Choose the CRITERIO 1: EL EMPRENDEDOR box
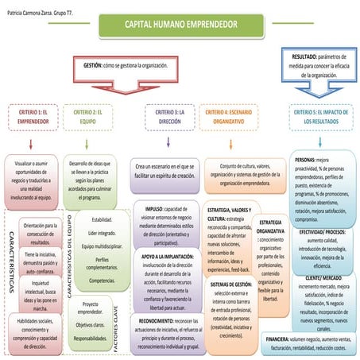click(32, 118)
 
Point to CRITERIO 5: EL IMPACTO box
click(318, 118)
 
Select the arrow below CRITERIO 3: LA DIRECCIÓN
click(168, 143)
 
